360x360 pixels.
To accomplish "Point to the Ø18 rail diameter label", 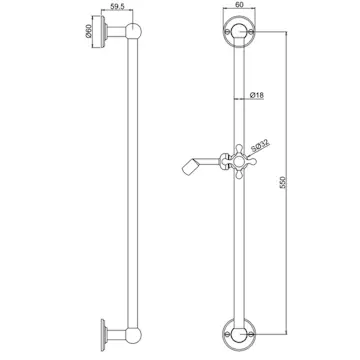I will tap(257, 96).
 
